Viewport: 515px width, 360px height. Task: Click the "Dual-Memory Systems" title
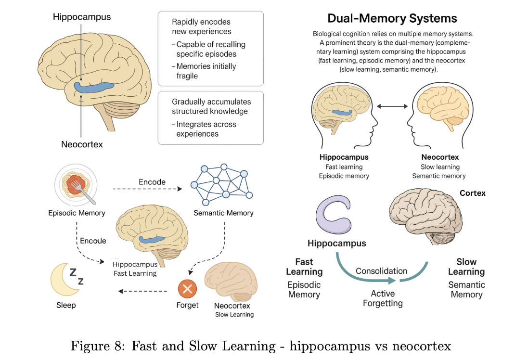click(x=392, y=19)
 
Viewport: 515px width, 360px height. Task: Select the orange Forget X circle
click(x=187, y=289)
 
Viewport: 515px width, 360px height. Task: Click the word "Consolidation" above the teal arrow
click(x=381, y=271)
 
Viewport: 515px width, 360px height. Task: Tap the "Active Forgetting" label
click(x=383, y=298)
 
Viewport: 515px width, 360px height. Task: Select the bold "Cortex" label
click(x=472, y=193)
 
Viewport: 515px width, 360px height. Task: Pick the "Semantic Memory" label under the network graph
click(x=223, y=213)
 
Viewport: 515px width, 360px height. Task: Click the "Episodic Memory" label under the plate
click(x=77, y=213)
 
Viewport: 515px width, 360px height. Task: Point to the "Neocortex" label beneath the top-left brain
click(x=82, y=144)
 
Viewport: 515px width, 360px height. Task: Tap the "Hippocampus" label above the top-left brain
click(x=82, y=17)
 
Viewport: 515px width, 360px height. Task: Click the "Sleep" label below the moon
click(x=66, y=305)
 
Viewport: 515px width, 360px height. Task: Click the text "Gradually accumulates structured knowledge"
click(x=211, y=106)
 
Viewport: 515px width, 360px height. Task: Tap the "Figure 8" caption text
click(x=260, y=346)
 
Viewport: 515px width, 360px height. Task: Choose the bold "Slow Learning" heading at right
click(x=466, y=267)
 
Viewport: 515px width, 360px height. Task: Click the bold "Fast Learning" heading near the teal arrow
click(x=304, y=267)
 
